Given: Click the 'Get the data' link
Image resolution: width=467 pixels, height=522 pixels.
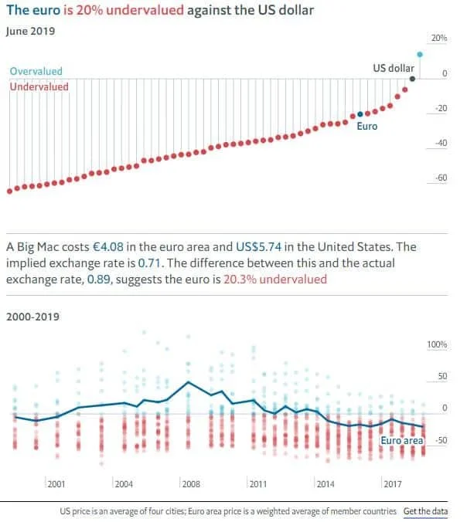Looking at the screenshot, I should click(x=425, y=511).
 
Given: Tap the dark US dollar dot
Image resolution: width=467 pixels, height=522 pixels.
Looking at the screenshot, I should click(x=412, y=78).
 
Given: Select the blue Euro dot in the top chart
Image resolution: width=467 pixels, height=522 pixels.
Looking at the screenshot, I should click(x=360, y=114).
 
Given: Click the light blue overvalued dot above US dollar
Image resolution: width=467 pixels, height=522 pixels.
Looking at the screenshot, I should click(x=419, y=54).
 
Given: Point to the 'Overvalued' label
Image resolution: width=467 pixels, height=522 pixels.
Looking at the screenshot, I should click(x=36, y=71).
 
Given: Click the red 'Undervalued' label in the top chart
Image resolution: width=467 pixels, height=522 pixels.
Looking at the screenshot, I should click(x=39, y=86).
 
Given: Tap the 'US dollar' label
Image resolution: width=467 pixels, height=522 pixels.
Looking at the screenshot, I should click(x=394, y=69).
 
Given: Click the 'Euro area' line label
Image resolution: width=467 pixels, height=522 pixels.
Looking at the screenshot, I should click(x=402, y=440).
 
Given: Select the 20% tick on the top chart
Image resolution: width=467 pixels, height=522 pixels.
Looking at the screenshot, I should click(x=438, y=38).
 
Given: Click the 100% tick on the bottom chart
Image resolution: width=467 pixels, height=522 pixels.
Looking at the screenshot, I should click(x=437, y=344).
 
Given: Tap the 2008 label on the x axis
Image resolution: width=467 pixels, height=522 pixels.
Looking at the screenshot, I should click(x=191, y=484).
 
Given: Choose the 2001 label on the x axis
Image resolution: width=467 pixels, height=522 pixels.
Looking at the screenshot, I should click(x=56, y=484).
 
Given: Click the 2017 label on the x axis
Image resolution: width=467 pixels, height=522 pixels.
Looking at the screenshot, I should click(x=392, y=484).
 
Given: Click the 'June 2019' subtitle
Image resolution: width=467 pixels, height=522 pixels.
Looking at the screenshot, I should click(x=31, y=31).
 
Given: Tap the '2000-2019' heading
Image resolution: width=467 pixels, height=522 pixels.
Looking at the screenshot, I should click(x=32, y=316).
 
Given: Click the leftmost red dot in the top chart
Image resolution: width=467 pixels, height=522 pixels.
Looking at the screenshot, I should click(x=9, y=191).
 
